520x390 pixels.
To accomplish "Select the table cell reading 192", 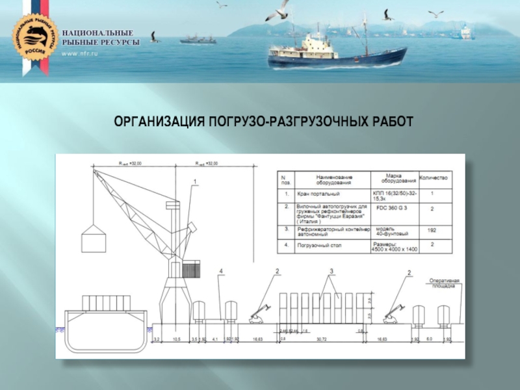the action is tap(432, 230).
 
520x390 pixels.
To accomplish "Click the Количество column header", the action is tap(433, 177).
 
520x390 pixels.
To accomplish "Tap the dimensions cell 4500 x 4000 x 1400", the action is tap(393, 248).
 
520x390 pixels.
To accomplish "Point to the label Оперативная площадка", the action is tap(445, 283).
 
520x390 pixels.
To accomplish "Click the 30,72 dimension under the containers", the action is tap(321, 339).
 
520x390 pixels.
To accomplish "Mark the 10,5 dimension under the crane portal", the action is tap(175, 339).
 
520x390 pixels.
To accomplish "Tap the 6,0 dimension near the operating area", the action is tap(429, 339).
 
